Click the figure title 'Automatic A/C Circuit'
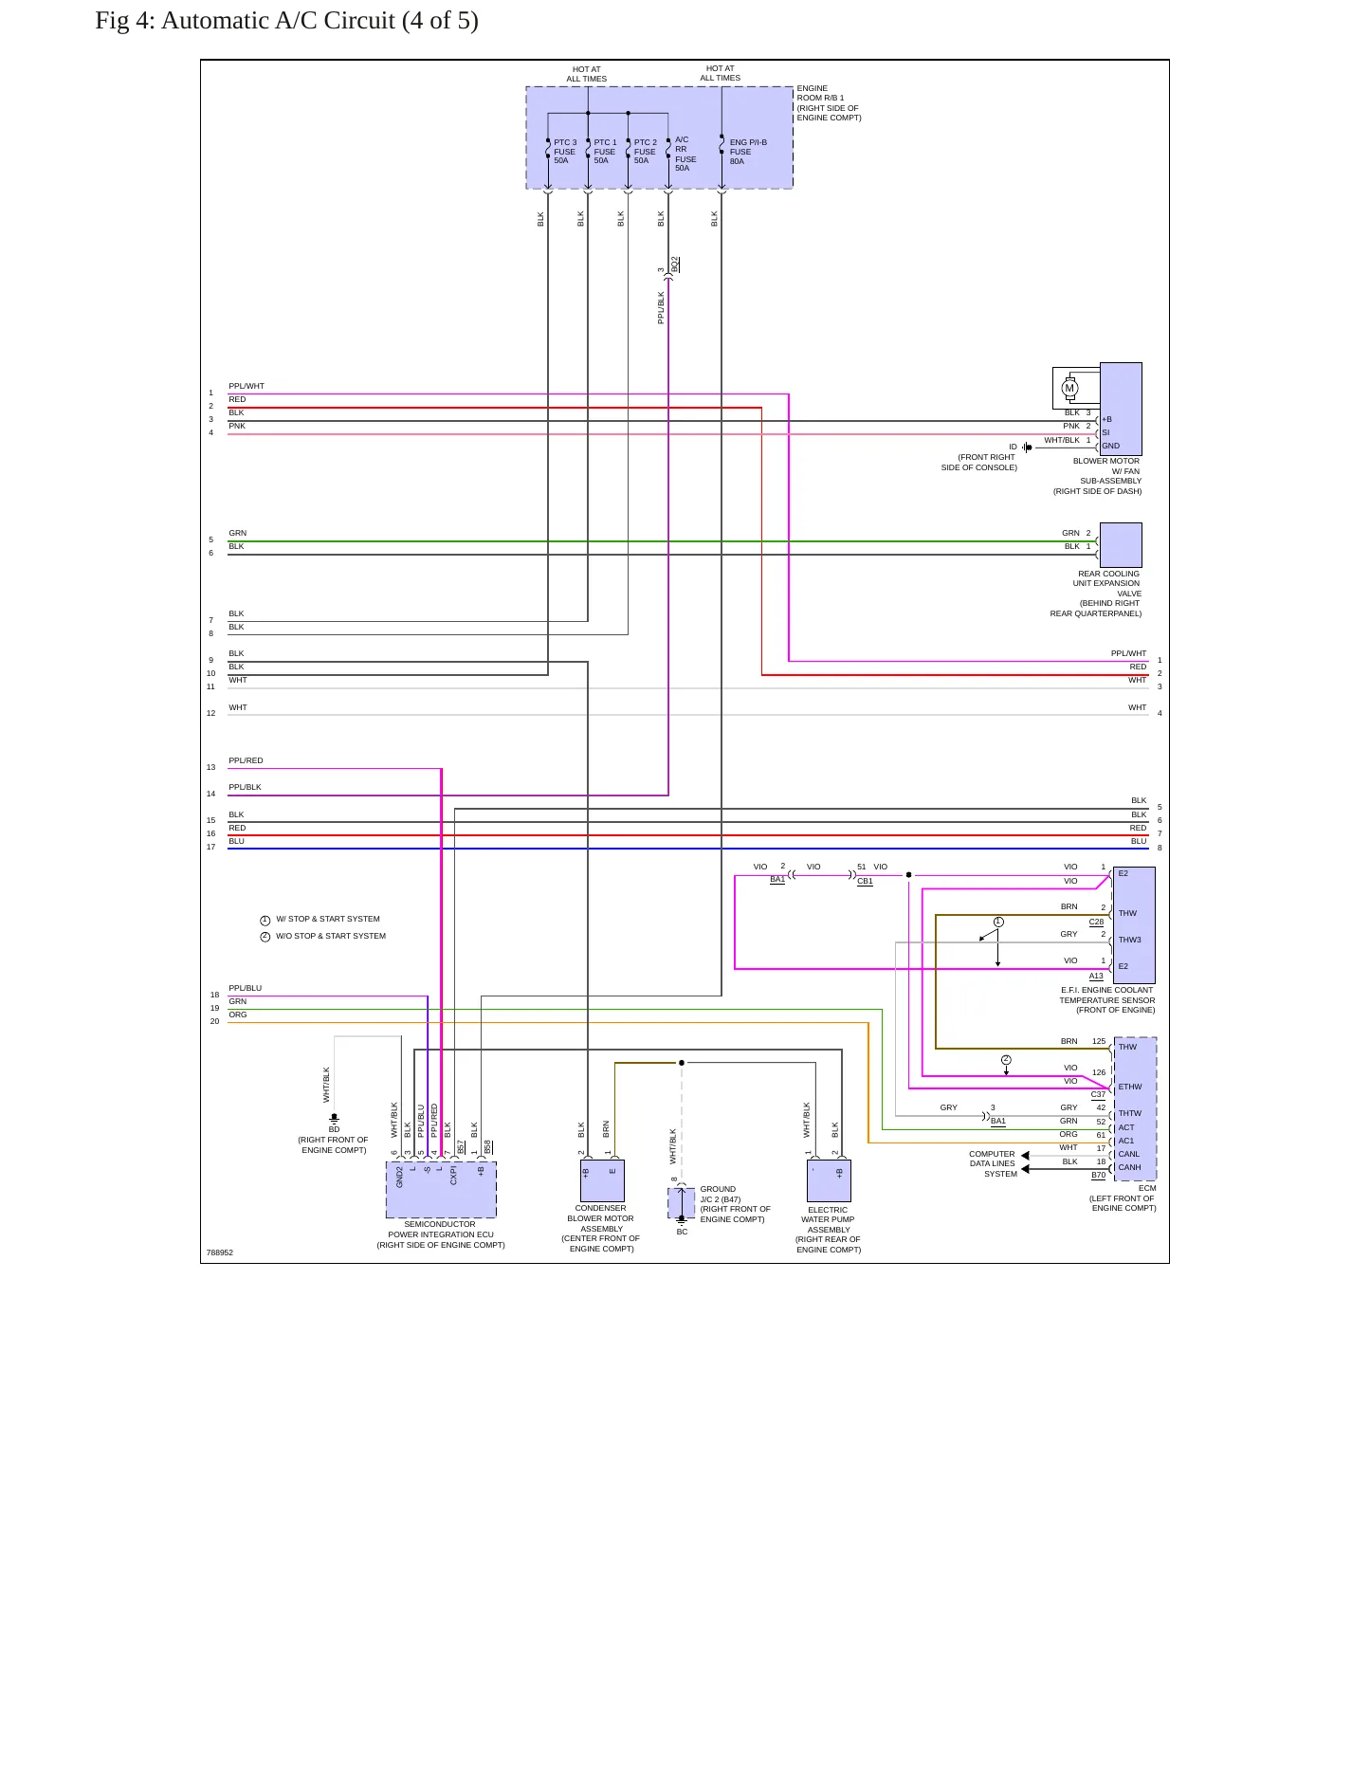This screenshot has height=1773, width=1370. tap(278, 21)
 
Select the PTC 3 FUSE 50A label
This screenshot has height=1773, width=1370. tap(565, 152)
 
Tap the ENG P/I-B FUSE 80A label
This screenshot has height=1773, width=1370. tap(748, 152)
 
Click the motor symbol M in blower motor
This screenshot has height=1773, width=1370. tap(1069, 388)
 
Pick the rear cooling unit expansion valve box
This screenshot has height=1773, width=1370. tap(1121, 545)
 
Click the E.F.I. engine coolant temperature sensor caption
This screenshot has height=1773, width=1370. tap(1107, 1000)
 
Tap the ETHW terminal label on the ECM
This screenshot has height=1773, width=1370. tap(1130, 1088)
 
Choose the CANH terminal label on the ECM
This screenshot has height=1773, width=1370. tap(1129, 1167)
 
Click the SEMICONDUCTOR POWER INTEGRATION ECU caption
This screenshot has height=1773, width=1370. tap(441, 1234)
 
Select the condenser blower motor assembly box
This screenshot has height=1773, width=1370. tap(602, 1180)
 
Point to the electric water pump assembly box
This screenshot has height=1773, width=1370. tap(829, 1180)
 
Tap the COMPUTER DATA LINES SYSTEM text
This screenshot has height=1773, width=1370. tap(993, 1164)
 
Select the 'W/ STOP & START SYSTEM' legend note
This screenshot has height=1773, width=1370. tap(328, 919)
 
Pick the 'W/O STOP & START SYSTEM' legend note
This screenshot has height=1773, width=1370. tap(331, 936)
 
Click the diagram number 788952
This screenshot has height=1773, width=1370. tap(220, 1252)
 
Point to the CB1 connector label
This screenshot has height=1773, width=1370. tap(865, 881)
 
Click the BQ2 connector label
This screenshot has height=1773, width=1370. tap(675, 265)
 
